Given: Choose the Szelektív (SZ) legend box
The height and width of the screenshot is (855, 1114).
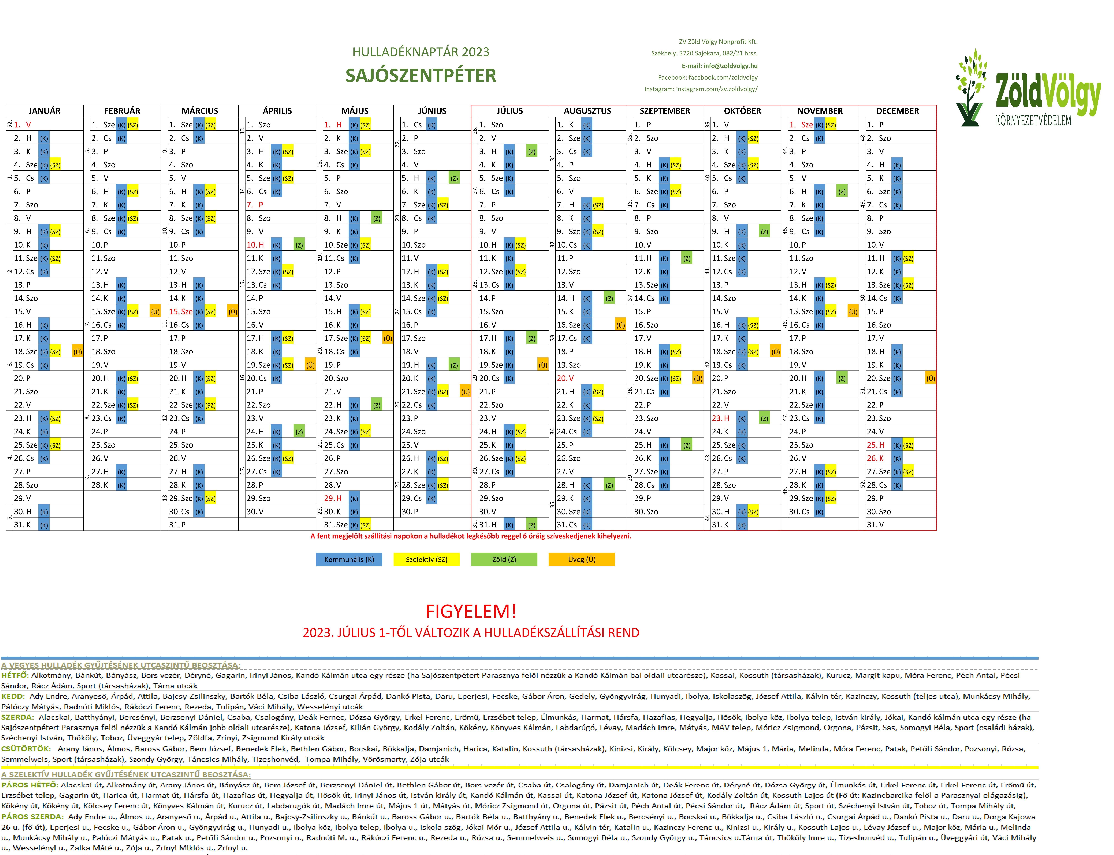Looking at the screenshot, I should [x=427, y=559].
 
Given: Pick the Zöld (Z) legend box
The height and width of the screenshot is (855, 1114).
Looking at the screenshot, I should [x=504, y=559].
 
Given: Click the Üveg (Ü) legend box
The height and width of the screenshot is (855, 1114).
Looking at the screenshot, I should [x=581, y=559].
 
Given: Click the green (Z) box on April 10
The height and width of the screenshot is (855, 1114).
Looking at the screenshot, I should [x=299, y=245].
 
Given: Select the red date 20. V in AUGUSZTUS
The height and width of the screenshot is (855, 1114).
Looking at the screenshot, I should [x=565, y=378].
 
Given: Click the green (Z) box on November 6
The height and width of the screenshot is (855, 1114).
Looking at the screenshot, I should [x=842, y=191].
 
